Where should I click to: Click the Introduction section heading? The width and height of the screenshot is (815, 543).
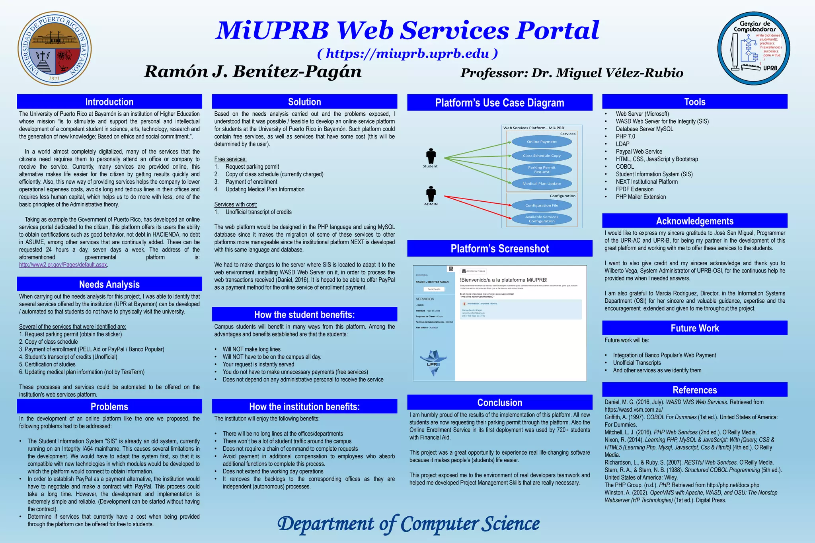[x=109, y=102]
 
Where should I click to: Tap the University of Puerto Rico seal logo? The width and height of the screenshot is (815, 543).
[x=55, y=49]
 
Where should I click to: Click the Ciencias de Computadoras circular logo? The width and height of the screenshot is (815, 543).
[x=753, y=49]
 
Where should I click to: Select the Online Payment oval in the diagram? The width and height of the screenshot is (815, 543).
[x=542, y=142]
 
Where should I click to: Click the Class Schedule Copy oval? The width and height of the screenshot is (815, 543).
[x=542, y=156]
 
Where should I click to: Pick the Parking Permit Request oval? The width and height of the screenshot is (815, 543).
[x=542, y=169]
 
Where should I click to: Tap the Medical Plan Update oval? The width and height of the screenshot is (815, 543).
[x=542, y=183]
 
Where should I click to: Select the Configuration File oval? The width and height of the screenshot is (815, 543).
[x=542, y=205]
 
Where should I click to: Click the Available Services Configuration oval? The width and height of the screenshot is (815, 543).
[x=542, y=219]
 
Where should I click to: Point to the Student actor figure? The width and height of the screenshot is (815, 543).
[x=431, y=156]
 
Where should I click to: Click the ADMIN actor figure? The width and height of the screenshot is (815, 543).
[x=431, y=194]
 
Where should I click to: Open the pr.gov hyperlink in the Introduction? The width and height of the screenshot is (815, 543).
[x=63, y=265]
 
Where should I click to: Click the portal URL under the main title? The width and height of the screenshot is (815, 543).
[x=407, y=53]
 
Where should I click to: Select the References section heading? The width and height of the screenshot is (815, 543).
[x=694, y=390]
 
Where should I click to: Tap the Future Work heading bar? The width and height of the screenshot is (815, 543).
[x=694, y=328]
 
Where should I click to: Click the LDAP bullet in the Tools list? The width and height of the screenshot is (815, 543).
[x=622, y=144]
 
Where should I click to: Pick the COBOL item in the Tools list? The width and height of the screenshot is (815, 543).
[x=625, y=167]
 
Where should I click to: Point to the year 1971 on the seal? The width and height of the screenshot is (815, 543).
[x=54, y=78]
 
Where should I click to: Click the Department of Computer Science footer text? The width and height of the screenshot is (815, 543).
[x=408, y=524]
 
